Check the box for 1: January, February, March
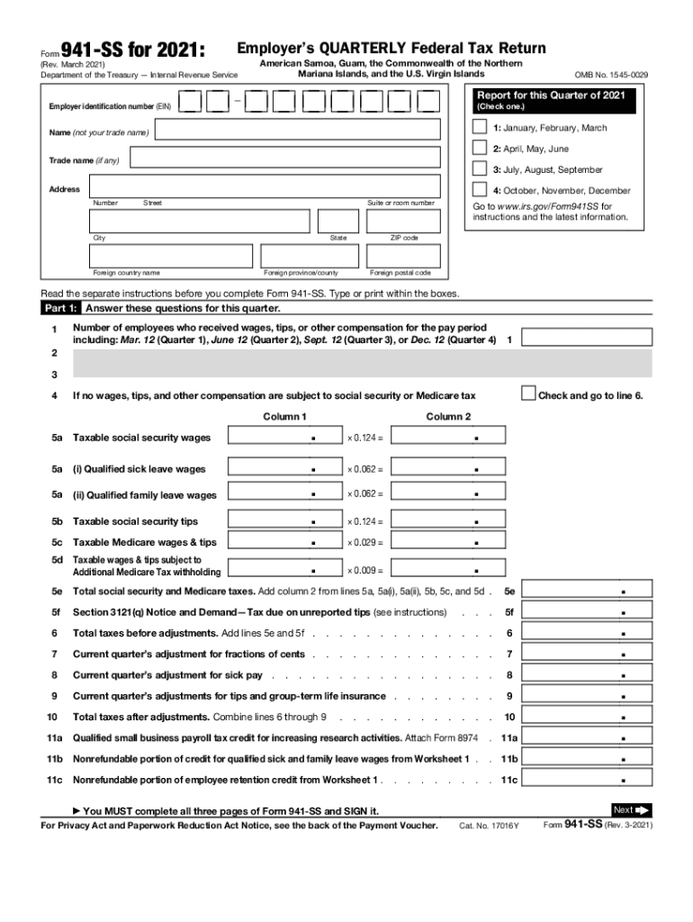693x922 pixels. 480,128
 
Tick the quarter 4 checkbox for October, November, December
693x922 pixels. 480,190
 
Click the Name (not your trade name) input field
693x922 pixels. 298,132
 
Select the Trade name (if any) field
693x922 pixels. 284,160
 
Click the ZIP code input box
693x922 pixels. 403,221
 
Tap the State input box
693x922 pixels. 338,221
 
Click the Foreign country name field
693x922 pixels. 170,256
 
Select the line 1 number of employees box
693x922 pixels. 588,338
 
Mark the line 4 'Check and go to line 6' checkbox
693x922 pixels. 529,393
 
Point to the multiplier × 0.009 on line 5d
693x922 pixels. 365,570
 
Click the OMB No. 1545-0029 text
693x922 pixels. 611,74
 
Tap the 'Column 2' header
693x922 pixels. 448,416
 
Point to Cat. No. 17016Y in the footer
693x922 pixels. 489,826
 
